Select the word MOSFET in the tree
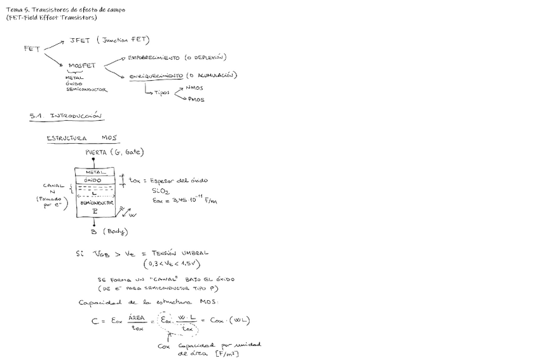coord(81,65)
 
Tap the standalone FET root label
coord(32,48)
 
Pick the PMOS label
coord(196,100)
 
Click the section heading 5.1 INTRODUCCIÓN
coord(65,116)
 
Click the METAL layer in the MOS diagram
coord(95,172)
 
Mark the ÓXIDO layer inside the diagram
coord(95,181)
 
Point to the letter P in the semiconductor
coord(95,211)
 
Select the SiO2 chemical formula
coord(160,191)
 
